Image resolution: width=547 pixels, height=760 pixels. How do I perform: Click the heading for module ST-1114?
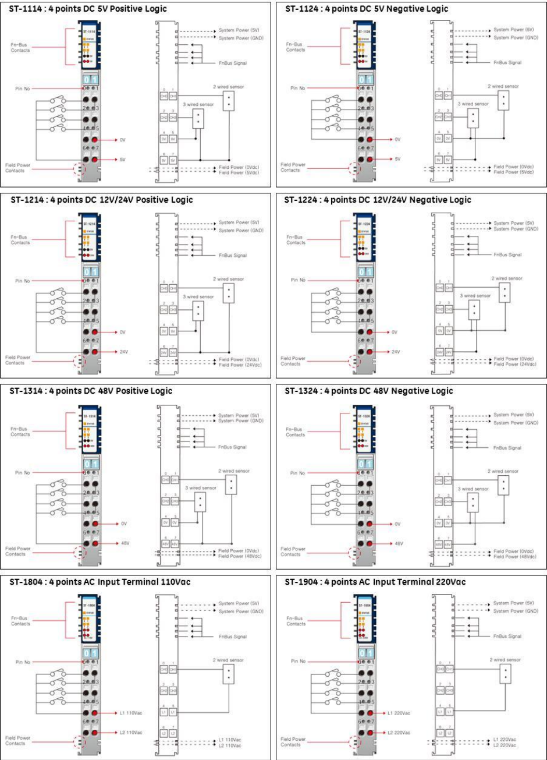pyautogui.click(x=87, y=9)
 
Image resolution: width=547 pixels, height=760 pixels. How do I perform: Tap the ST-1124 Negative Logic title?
pyautogui.click(x=367, y=9)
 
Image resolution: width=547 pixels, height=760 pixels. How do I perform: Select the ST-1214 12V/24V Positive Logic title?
pyautogui.click(x=101, y=200)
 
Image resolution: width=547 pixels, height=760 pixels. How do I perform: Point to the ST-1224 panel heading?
pyautogui.click(x=378, y=200)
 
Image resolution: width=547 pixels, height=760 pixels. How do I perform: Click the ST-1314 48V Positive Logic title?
pyautogui.click(x=91, y=391)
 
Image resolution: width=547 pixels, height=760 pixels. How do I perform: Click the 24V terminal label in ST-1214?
pyautogui.click(x=124, y=352)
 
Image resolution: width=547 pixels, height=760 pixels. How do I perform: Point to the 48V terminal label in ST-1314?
pyautogui.click(x=124, y=543)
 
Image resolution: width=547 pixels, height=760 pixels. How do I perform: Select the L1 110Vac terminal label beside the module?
pyautogui.click(x=130, y=712)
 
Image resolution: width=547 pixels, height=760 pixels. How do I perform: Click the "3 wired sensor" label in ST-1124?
pyautogui.click(x=473, y=104)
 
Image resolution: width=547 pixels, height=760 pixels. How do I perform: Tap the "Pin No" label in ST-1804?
pyautogui.click(x=23, y=662)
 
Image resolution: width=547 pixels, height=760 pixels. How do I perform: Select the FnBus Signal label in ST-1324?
pyautogui.click(x=507, y=447)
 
